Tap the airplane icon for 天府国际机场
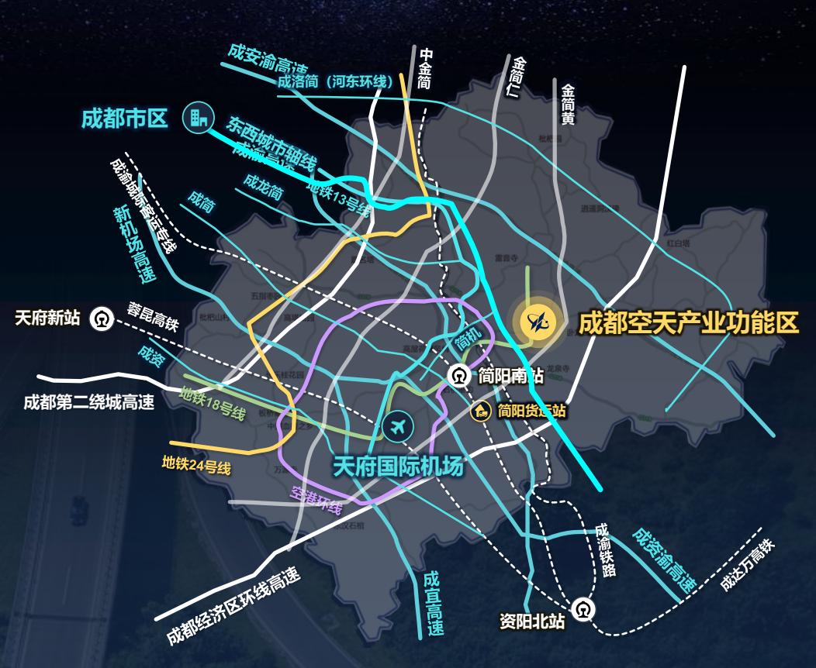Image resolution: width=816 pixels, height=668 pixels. tap(399, 425)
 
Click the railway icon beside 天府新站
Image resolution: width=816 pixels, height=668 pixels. tap(101, 319)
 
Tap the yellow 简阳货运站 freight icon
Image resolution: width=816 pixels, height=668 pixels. tap(480, 411)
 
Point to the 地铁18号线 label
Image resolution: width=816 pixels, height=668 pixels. tap(212, 405)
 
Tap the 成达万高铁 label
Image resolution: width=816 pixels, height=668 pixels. tap(747, 566)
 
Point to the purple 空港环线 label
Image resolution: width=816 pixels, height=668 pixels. tap(316, 500)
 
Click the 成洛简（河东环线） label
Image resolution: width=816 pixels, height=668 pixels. tap(335, 81)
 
